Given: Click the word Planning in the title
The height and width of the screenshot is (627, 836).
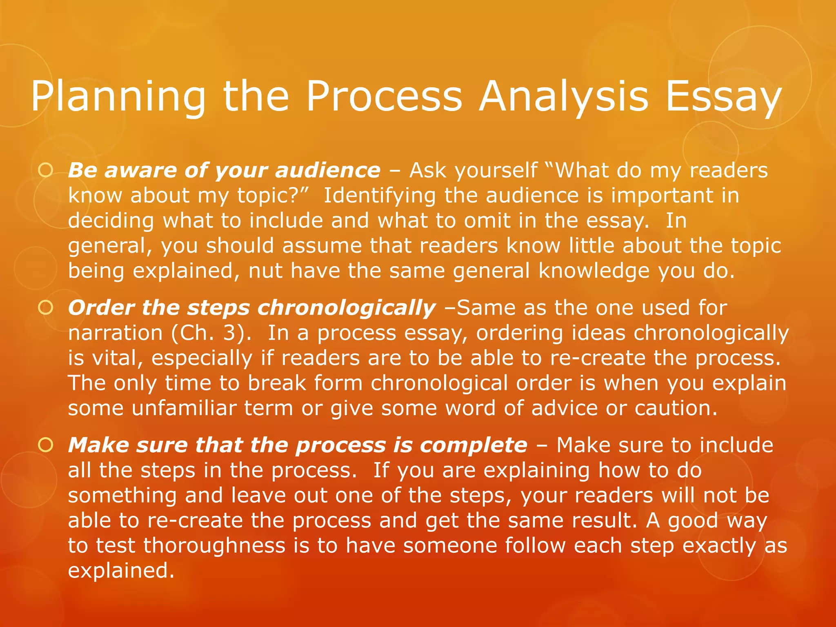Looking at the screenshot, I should (118, 97).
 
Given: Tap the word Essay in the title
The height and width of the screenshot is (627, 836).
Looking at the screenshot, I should (723, 97).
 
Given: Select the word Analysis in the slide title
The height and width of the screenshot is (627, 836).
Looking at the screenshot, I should (563, 97).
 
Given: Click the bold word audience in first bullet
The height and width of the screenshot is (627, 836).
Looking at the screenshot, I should (328, 171).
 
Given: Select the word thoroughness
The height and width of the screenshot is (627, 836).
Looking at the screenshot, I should (214, 546).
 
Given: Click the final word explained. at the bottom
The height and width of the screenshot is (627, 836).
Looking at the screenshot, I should (121, 571).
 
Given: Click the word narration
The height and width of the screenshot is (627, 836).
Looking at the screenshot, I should (115, 333).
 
